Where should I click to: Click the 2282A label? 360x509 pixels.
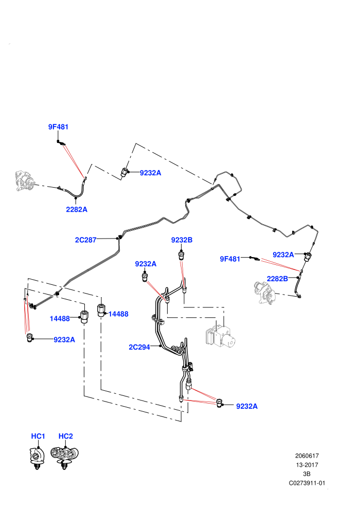(x=77, y=209)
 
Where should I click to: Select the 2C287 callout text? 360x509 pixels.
(x=86, y=240)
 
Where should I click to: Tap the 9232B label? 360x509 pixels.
(x=182, y=240)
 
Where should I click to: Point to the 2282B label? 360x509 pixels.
(x=277, y=279)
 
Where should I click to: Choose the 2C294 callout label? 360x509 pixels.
(x=139, y=347)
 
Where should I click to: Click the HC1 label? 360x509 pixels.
(x=38, y=436)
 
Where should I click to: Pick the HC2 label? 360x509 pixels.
(x=66, y=436)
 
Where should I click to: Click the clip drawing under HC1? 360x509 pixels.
(x=37, y=458)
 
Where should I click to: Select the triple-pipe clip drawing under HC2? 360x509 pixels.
(x=65, y=457)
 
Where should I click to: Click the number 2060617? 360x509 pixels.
(x=307, y=456)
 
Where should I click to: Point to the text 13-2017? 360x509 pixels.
(x=307, y=465)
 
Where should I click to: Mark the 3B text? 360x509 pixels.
(x=307, y=474)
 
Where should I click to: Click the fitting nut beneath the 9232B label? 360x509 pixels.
(x=182, y=256)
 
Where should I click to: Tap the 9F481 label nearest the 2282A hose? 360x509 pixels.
(x=59, y=126)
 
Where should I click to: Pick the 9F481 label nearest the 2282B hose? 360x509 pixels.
(x=230, y=259)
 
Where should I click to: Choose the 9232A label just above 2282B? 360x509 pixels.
(x=283, y=254)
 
